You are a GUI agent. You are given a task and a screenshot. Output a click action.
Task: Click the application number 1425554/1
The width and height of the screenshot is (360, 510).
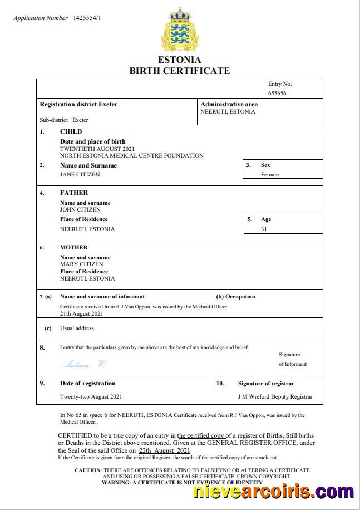87,18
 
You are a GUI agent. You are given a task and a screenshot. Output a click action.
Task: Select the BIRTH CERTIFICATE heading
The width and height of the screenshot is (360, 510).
179,71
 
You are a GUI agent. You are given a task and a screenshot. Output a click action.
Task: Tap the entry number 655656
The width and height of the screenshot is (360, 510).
277,94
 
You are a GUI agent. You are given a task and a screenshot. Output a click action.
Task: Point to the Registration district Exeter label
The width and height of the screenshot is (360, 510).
78,104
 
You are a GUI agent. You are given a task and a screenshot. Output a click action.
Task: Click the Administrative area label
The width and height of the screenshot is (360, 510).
229,104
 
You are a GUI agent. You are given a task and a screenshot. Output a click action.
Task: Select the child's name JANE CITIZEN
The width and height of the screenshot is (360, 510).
80,174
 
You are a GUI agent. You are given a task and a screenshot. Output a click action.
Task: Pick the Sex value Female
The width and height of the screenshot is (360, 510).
270,174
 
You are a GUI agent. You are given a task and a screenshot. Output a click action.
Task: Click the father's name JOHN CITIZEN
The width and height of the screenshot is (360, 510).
80,210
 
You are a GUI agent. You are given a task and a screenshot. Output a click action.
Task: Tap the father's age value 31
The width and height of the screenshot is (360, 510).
264,229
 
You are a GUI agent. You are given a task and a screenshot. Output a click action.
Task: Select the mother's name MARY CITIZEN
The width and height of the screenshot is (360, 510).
81,264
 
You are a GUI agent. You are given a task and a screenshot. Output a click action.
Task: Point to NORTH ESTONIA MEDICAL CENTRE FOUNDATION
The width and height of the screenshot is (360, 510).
131,156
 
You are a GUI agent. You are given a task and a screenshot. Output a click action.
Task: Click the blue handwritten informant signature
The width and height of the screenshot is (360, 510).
82,365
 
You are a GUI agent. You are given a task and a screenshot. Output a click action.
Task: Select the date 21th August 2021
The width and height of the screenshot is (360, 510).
82,313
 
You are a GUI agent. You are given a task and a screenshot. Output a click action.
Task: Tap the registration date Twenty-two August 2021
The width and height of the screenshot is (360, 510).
91,397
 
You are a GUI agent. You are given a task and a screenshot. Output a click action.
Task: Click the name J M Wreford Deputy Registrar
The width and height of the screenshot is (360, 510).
275,397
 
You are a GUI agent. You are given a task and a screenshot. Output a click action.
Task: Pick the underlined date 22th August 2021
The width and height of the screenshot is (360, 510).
165,450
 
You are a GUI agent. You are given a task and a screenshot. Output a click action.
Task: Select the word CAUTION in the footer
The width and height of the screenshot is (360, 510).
88,470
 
